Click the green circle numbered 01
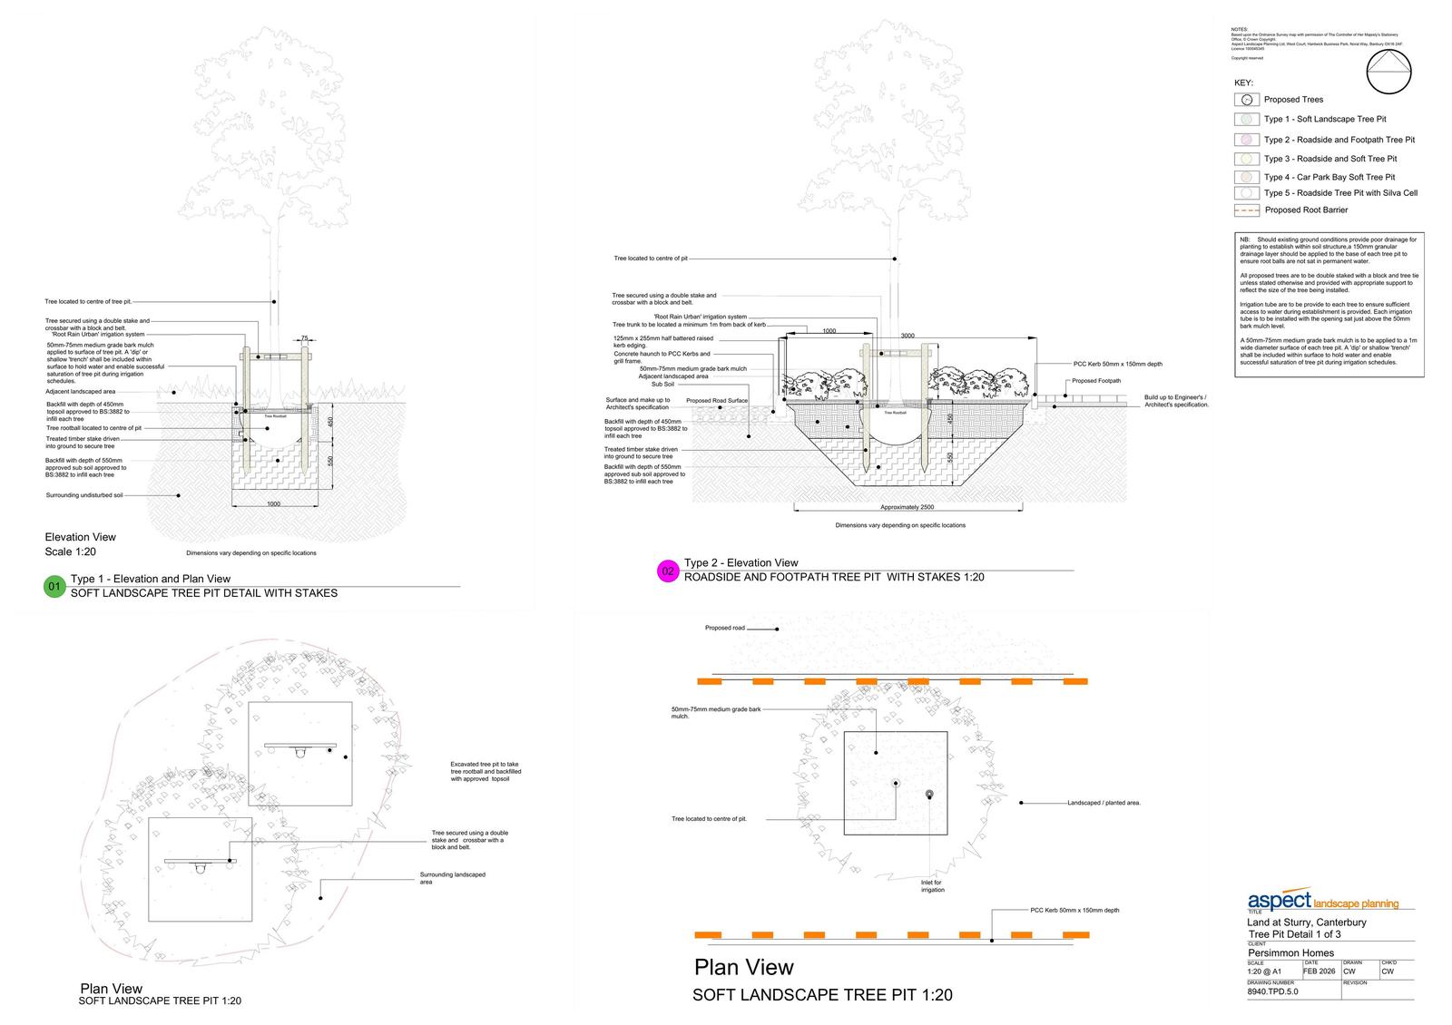click(54, 588)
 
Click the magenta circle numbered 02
click(668, 571)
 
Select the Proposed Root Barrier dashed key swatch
click(1247, 210)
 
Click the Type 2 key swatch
click(1247, 140)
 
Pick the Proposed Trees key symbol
click(1247, 100)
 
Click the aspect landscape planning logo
click(1322, 902)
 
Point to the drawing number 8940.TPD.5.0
click(1273, 992)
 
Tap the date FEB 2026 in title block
click(1319, 971)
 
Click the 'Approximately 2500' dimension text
click(907, 508)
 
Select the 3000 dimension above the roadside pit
click(907, 336)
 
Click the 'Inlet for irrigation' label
click(932, 886)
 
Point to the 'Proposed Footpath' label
click(1096, 382)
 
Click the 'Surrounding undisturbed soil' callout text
click(84, 495)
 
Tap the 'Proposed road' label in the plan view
click(724, 628)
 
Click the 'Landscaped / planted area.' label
click(1104, 803)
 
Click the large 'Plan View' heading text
click(744, 967)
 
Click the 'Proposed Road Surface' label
click(717, 401)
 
